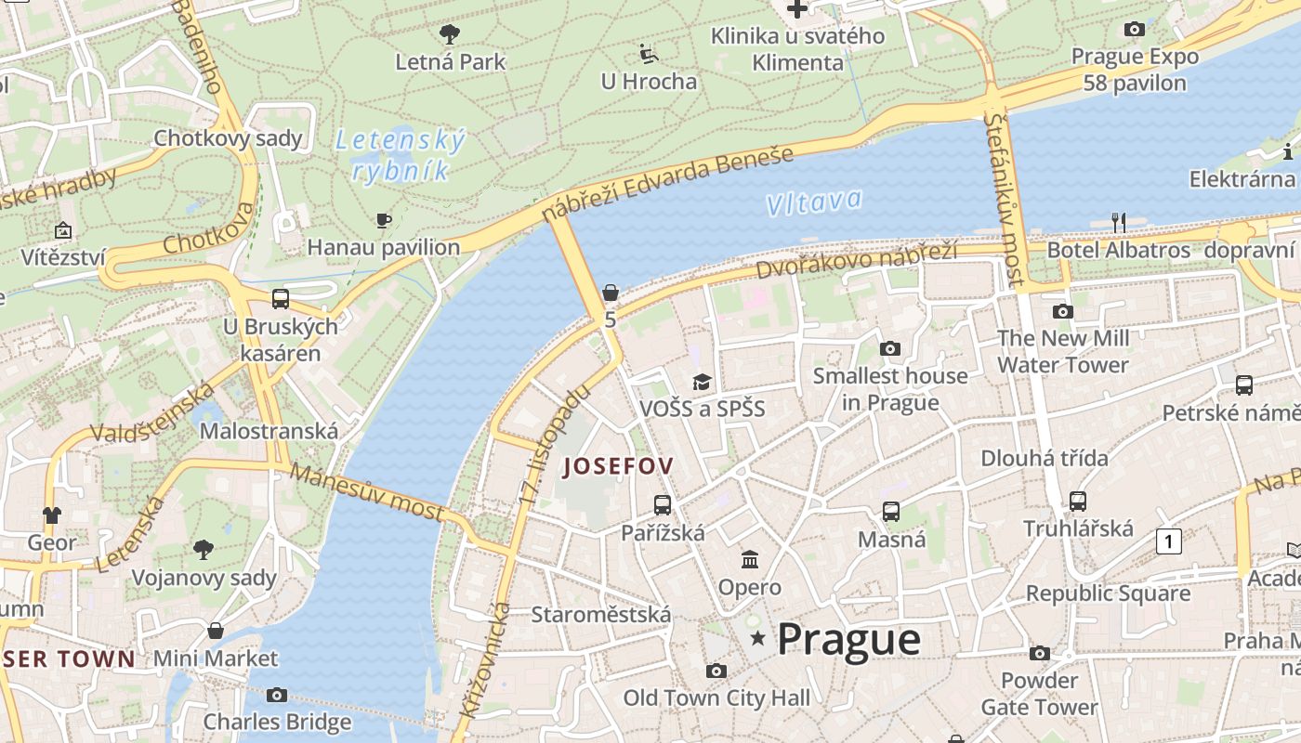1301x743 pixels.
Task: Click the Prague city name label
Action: pos(848,639)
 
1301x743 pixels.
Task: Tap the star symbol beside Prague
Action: pos(758,638)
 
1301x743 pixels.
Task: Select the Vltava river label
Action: pos(815,202)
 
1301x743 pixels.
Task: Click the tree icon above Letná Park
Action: pos(450,35)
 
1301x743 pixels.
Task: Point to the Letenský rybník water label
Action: pos(399,155)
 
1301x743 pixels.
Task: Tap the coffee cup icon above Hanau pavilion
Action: pos(383,220)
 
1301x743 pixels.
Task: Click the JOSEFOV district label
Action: pos(618,466)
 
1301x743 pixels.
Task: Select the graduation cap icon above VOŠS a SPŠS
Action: pos(702,382)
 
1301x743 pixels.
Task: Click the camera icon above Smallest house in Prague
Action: pos(890,349)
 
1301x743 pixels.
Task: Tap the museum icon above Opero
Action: pos(749,559)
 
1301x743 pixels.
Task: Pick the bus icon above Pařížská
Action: pos(662,505)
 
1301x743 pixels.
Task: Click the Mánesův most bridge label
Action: pos(367,491)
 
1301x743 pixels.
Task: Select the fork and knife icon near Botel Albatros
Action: pos(1119,223)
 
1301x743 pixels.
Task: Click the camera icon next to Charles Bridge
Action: pos(276,695)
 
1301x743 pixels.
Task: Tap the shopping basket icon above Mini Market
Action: pos(216,632)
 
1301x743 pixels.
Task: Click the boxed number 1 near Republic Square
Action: pos(1169,541)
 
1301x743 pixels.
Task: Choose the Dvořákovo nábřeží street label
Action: pos(856,260)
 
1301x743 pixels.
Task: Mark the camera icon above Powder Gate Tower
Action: pos(1040,654)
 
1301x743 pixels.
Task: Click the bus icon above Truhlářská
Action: pos(1078,502)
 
